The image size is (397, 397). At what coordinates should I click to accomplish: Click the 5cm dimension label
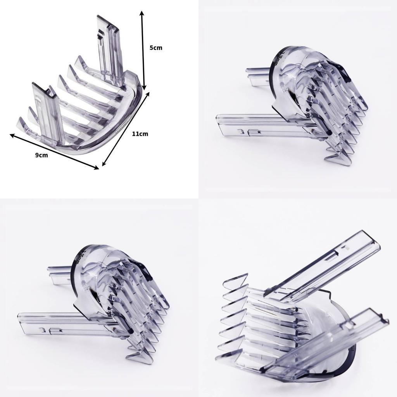[156, 48]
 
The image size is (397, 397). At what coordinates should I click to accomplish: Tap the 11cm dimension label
[140, 134]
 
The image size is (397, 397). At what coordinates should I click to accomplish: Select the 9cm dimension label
[41, 155]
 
